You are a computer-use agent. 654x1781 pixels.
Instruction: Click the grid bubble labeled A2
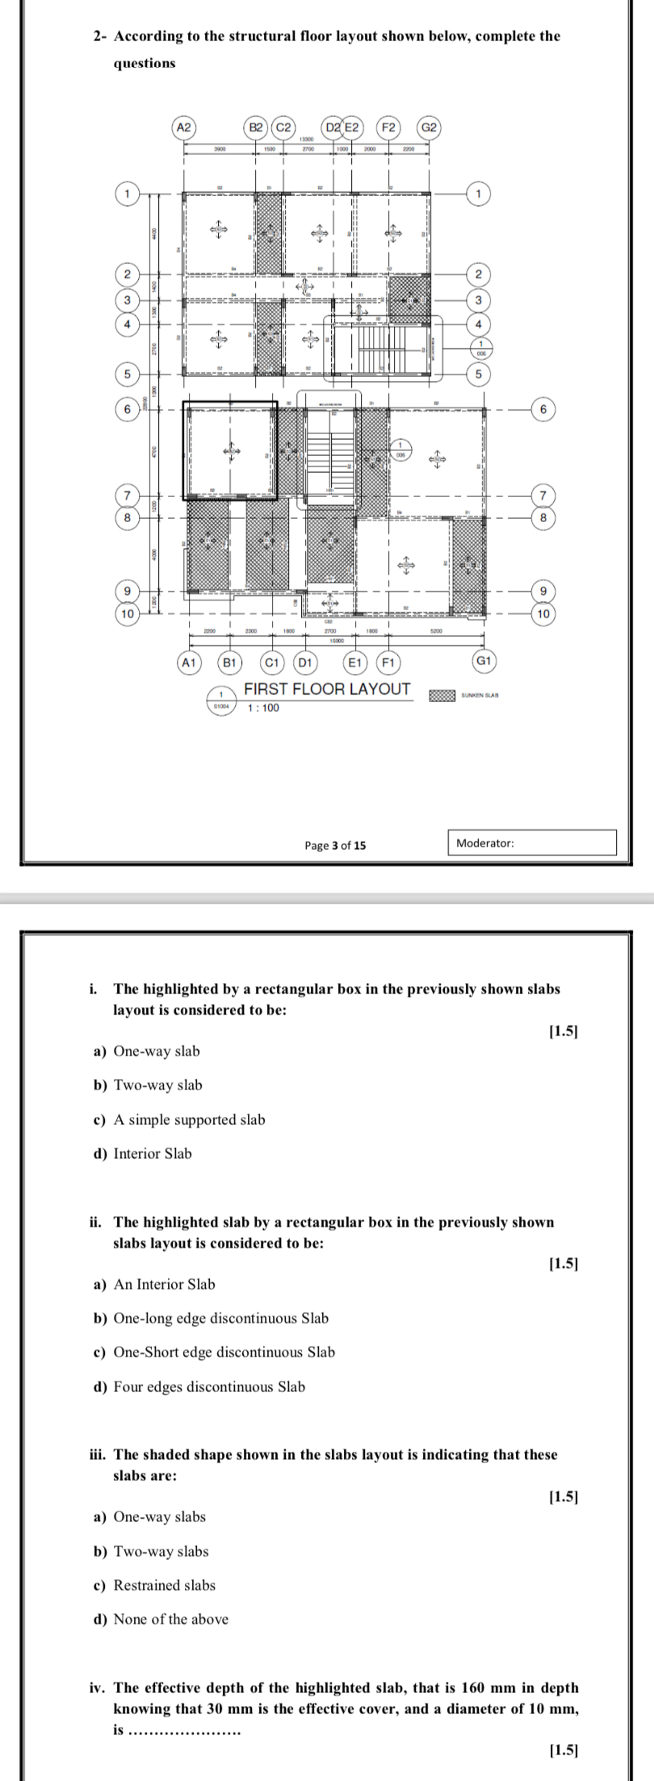184,128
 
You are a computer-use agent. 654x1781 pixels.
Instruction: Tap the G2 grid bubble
430,128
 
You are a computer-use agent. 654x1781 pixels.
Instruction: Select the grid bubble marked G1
484,662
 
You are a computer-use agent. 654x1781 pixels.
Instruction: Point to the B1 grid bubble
230,663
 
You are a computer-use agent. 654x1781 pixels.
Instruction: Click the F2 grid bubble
388,128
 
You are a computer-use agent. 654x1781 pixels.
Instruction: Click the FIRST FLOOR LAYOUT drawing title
327,689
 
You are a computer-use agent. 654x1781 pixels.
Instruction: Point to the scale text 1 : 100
262,709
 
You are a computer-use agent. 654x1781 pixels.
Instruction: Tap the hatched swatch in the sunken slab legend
441,696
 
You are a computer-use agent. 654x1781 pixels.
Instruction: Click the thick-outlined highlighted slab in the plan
230,449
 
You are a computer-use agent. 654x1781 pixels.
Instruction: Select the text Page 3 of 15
334,845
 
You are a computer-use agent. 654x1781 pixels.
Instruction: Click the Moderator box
531,843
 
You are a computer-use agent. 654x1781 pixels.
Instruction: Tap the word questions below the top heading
144,63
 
